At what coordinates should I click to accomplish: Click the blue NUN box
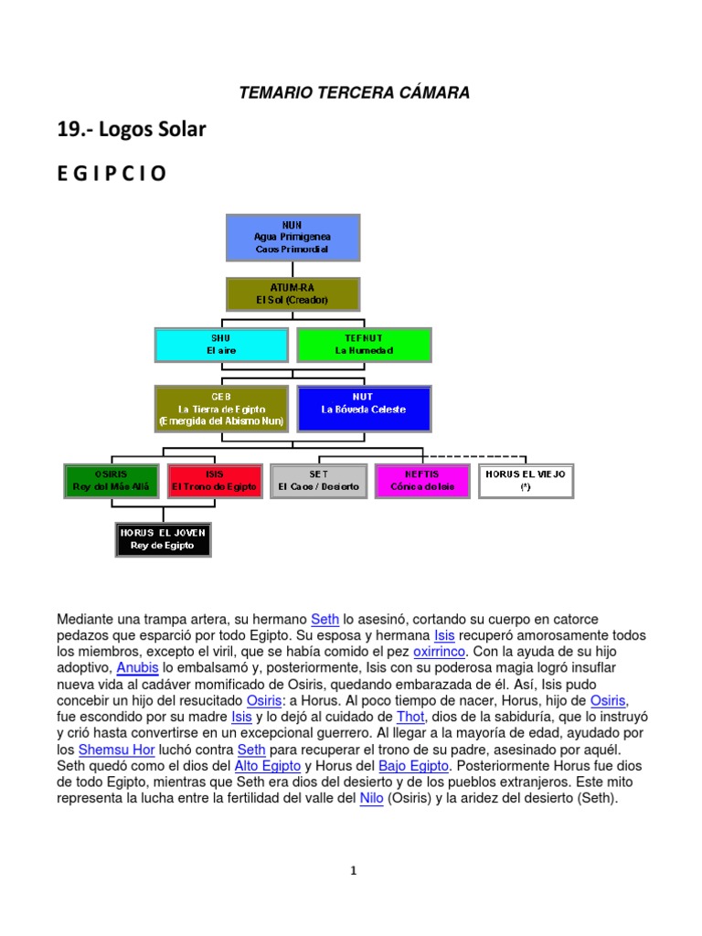coord(292,237)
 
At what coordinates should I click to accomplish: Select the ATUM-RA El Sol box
coord(292,294)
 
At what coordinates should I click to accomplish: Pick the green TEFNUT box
coord(364,345)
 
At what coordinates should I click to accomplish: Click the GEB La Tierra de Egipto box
coord(221,409)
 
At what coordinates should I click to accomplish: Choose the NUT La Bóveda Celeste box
coord(364,409)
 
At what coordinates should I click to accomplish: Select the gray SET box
coord(318,481)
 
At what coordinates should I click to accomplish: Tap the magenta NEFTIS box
coord(421,481)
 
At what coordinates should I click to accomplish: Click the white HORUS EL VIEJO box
coord(526,481)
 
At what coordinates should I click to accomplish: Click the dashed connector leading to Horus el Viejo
coord(475,455)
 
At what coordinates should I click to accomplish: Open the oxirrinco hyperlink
coord(439,652)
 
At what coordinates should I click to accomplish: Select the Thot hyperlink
coord(409,718)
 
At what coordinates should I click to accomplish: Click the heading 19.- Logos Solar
coord(132,130)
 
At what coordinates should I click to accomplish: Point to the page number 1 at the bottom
coord(352,871)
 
